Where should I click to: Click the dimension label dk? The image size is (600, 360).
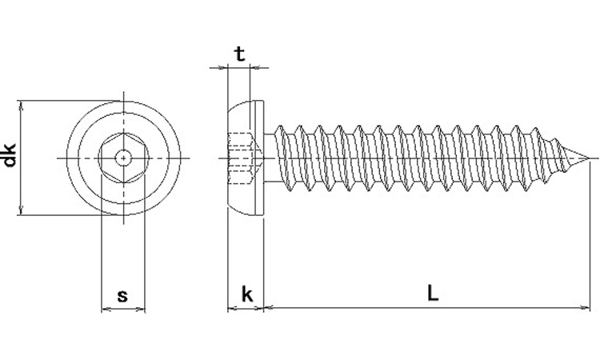[x=10, y=155]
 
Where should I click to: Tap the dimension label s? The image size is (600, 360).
[x=122, y=295]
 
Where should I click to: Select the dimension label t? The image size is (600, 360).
[x=238, y=54]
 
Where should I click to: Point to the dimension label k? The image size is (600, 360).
[x=247, y=294]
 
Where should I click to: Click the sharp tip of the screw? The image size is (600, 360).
[x=593, y=158]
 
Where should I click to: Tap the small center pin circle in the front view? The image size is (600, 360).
[x=124, y=158]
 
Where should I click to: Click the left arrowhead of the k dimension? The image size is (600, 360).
[x=231, y=306]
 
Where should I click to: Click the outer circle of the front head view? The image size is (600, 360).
[x=124, y=102]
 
